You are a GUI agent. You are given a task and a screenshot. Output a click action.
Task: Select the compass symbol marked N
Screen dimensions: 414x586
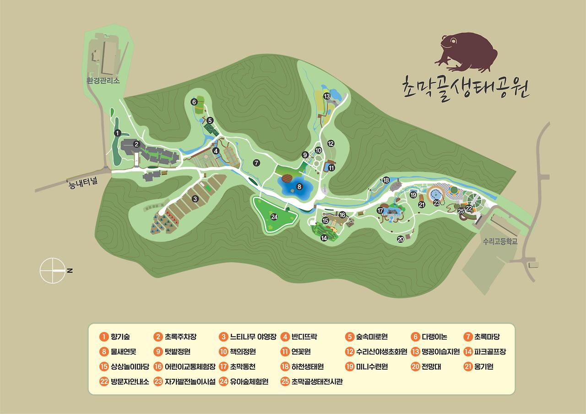53,270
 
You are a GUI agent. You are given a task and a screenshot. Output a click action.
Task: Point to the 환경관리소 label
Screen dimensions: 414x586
103,80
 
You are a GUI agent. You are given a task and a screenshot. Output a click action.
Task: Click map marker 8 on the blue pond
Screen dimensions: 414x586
299,187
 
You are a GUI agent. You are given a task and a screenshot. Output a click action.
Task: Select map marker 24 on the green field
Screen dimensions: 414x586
274,217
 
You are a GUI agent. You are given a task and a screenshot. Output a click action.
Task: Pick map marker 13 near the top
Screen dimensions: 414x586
327,96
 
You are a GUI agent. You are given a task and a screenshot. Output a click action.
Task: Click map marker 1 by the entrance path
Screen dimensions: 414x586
118,133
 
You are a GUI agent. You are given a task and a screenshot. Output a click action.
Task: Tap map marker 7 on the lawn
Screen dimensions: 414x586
256,162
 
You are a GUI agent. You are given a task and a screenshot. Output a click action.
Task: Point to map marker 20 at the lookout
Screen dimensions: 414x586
401,239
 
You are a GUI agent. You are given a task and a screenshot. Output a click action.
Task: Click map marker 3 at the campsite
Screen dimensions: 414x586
195,199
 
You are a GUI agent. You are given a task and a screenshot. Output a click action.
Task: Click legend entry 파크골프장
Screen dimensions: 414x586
490,352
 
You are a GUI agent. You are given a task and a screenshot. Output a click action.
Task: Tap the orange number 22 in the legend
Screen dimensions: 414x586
103,381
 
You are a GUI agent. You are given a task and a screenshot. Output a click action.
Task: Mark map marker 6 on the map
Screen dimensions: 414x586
194,102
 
